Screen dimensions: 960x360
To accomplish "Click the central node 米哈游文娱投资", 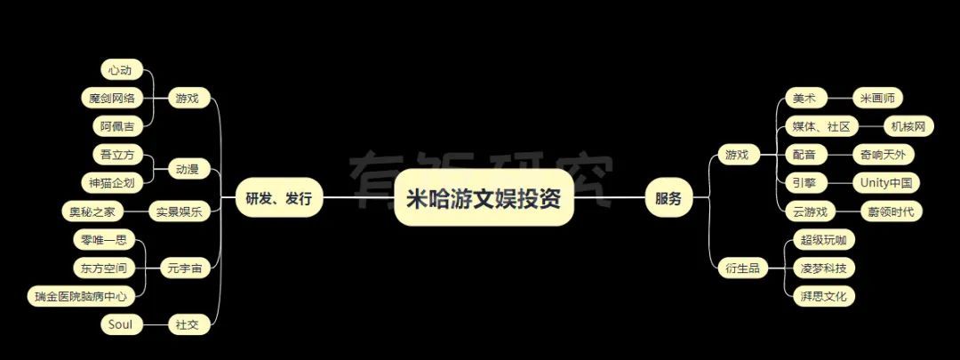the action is pyautogui.click(x=484, y=198).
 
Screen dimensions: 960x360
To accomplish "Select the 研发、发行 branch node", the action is pyautogui.click(x=279, y=198).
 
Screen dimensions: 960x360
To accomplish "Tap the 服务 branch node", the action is pyautogui.click(x=668, y=198).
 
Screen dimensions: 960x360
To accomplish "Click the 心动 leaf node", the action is pyautogui.click(x=121, y=70).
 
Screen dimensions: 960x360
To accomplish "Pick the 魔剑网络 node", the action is pyautogui.click(x=112, y=98).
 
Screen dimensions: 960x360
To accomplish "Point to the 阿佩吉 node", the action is pyautogui.click(x=116, y=126).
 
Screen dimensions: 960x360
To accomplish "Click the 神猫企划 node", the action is pyautogui.click(x=112, y=182).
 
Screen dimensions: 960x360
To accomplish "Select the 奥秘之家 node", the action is pyautogui.click(x=92, y=212).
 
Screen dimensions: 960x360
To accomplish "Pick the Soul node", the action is pyautogui.click(x=121, y=324).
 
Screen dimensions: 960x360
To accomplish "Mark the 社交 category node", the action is pyautogui.click(x=188, y=324).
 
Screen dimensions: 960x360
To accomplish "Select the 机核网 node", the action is pyautogui.click(x=908, y=127).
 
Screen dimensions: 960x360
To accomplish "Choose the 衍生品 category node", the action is pyautogui.click(x=742, y=268).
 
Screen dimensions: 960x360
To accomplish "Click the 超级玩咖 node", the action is pyautogui.click(x=820, y=240).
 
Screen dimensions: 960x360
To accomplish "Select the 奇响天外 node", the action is pyautogui.click(x=884, y=155).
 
